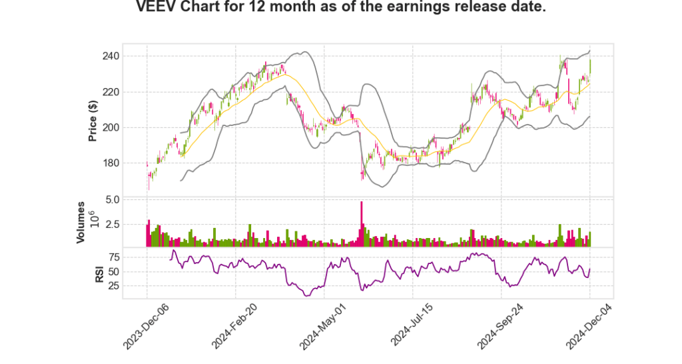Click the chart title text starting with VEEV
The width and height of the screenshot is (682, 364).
pos(341,8)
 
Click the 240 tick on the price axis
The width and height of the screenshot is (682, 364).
pos(129,56)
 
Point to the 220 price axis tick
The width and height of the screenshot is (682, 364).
pos(129,92)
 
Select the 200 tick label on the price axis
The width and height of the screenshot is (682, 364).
pos(129,127)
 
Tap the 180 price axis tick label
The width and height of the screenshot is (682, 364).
pos(129,163)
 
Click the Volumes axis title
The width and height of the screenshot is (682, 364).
pos(81,222)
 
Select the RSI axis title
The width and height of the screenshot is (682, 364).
pos(99,273)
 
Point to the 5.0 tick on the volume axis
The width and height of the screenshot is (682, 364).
pos(131,199)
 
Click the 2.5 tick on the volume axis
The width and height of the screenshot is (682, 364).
pos(131,224)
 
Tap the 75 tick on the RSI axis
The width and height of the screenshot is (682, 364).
pos(133,257)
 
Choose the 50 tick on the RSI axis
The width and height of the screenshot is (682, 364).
pos(133,271)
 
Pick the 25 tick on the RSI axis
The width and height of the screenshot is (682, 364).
pos(133,286)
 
